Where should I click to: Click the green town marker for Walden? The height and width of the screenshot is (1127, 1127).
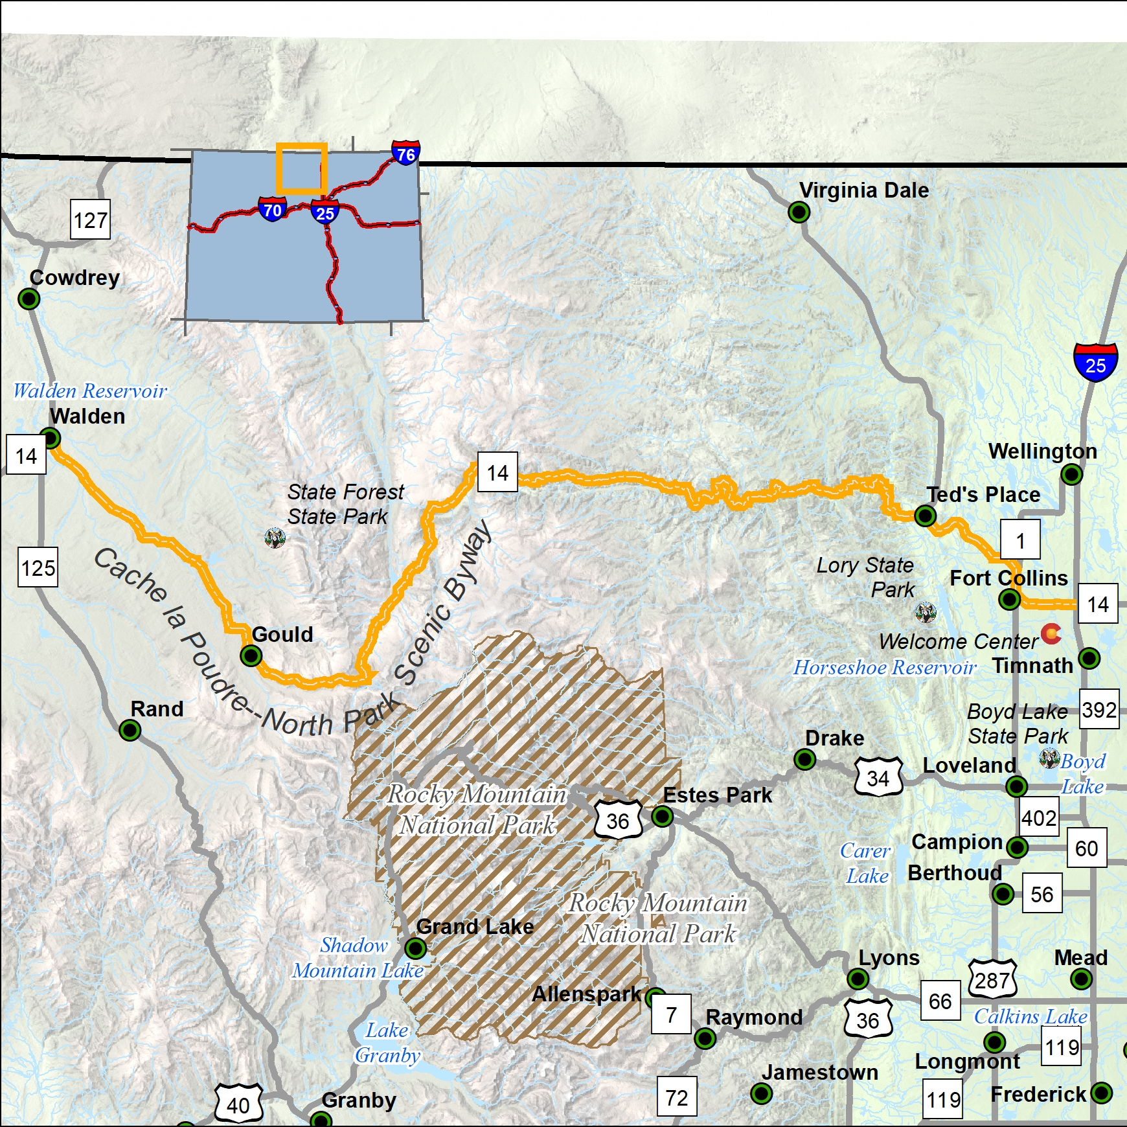click(x=50, y=438)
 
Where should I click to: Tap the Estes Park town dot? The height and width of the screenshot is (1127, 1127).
click(x=662, y=816)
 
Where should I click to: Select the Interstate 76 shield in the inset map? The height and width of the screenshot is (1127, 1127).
click(x=405, y=154)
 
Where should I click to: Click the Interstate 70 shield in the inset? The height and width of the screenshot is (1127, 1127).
click(x=273, y=209)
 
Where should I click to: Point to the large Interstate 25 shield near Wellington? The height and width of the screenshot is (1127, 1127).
click(x=1095, y=363)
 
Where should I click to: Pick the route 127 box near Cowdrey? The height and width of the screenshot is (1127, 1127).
click(x=90, y=220)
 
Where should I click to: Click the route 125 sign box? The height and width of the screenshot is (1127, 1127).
click(x=38, y=568)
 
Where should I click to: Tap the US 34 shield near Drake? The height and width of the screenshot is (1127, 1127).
click(x=878, y=777)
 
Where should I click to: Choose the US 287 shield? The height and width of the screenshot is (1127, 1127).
click(x=992, y=980)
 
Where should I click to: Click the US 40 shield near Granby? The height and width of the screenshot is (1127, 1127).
click(x=238, y=1104)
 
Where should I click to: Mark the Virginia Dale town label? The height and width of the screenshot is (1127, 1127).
click(x=863, y=190)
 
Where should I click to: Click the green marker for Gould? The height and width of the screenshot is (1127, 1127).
click(x=251, y=655)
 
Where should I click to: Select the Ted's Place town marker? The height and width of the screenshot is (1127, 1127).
click(x=925, y=516)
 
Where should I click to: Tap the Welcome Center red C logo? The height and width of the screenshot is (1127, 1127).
click(x=1051, y=633)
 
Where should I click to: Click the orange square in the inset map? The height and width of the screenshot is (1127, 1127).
click(x=301, y=168)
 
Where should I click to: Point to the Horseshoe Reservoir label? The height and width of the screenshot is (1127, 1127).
click(x=885, y=667)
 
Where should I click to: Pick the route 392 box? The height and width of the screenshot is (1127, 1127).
click(x=1099, y=709)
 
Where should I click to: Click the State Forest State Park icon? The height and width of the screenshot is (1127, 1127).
click(x=275, y=538)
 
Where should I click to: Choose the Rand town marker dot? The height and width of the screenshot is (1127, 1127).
click(x=130, y=731)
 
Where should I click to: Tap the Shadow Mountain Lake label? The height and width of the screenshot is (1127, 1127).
click(x=358, y=958)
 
